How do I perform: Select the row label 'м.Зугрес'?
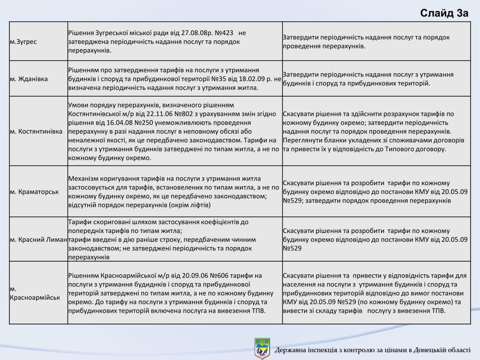[x=23, y=42]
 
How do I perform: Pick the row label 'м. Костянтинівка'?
[x=36, y=131]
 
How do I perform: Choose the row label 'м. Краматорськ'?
[x=34, y=191]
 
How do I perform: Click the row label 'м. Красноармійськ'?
[x=35, y=293]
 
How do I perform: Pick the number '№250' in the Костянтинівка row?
[x=142, y=122]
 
